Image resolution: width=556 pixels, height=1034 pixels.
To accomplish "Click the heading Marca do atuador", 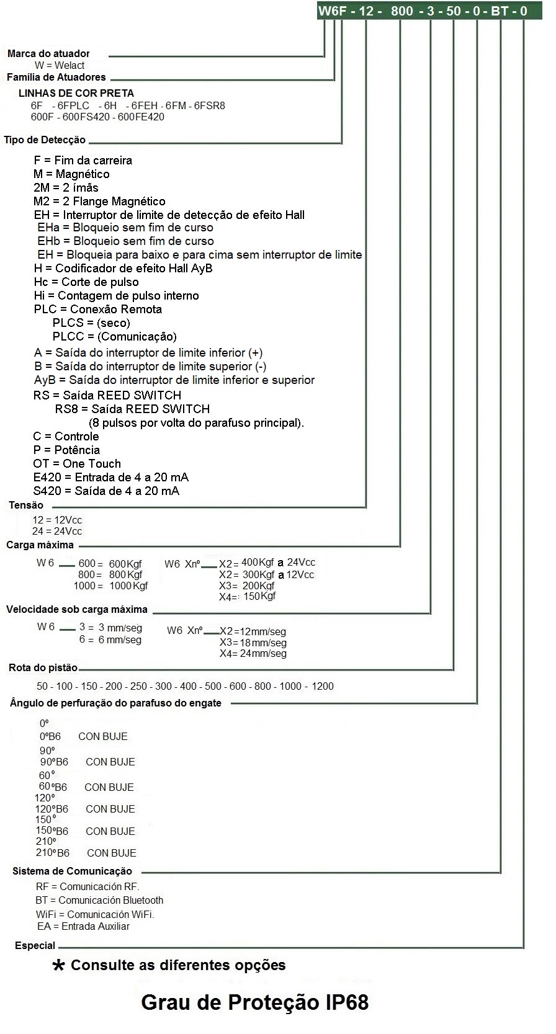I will tap(48, 54).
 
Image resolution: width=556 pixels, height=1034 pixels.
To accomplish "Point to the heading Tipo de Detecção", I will tap(45, 140).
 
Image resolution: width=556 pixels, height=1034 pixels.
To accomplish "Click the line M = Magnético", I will tap(71, 174).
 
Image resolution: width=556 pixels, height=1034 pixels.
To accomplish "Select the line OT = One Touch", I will tap(77, 464).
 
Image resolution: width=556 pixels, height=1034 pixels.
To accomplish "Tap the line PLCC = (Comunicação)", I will tap(114, 337).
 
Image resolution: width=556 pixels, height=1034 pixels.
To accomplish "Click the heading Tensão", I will tap(26, 506).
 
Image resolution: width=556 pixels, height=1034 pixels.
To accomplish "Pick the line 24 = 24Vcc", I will tap(57, 532).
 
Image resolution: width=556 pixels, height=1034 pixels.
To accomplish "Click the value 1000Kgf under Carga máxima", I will tap(128, 586).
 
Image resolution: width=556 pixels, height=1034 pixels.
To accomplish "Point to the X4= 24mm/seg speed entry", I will tap(253, 654).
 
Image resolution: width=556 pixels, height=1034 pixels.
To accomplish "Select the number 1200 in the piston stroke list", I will tap(323, 687).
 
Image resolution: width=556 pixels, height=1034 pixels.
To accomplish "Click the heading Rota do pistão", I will tap(43, 668).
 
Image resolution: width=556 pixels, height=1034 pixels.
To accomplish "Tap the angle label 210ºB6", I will tap(53, 853).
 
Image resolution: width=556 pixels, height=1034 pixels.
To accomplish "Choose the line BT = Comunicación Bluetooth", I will tap(99, 900).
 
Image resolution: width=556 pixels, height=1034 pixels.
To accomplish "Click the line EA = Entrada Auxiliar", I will tap(83, 927).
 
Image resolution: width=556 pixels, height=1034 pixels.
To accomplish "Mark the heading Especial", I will tap(35, 946).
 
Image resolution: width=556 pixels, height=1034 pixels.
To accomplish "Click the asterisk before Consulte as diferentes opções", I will tap(59, 966).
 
